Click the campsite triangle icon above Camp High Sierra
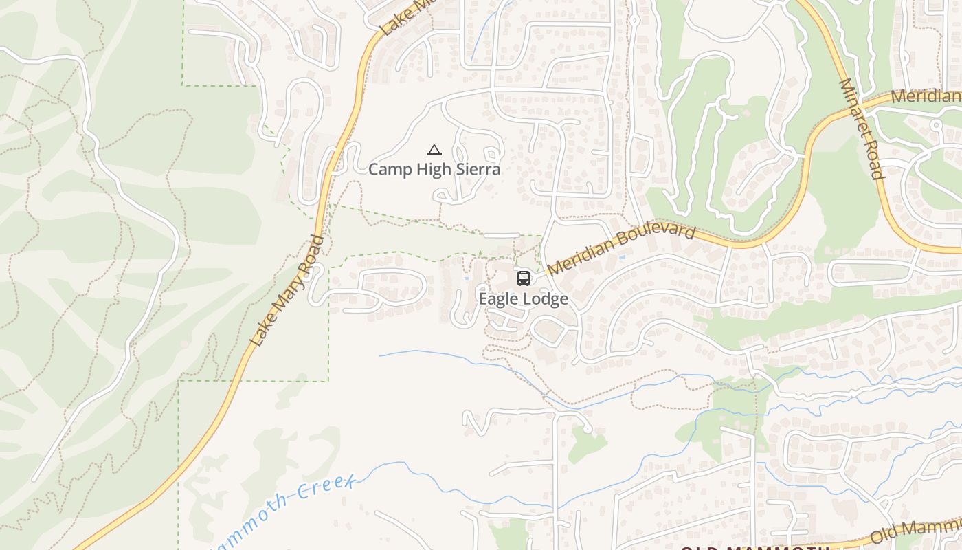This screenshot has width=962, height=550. [x=434, y=150]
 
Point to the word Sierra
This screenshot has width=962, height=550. [x=477, y=169]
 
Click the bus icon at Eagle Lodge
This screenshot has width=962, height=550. [x=524, y=278]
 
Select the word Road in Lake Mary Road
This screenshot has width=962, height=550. [x=314, y=249]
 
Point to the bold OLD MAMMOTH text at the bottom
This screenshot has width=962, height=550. [x=756, y=548]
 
